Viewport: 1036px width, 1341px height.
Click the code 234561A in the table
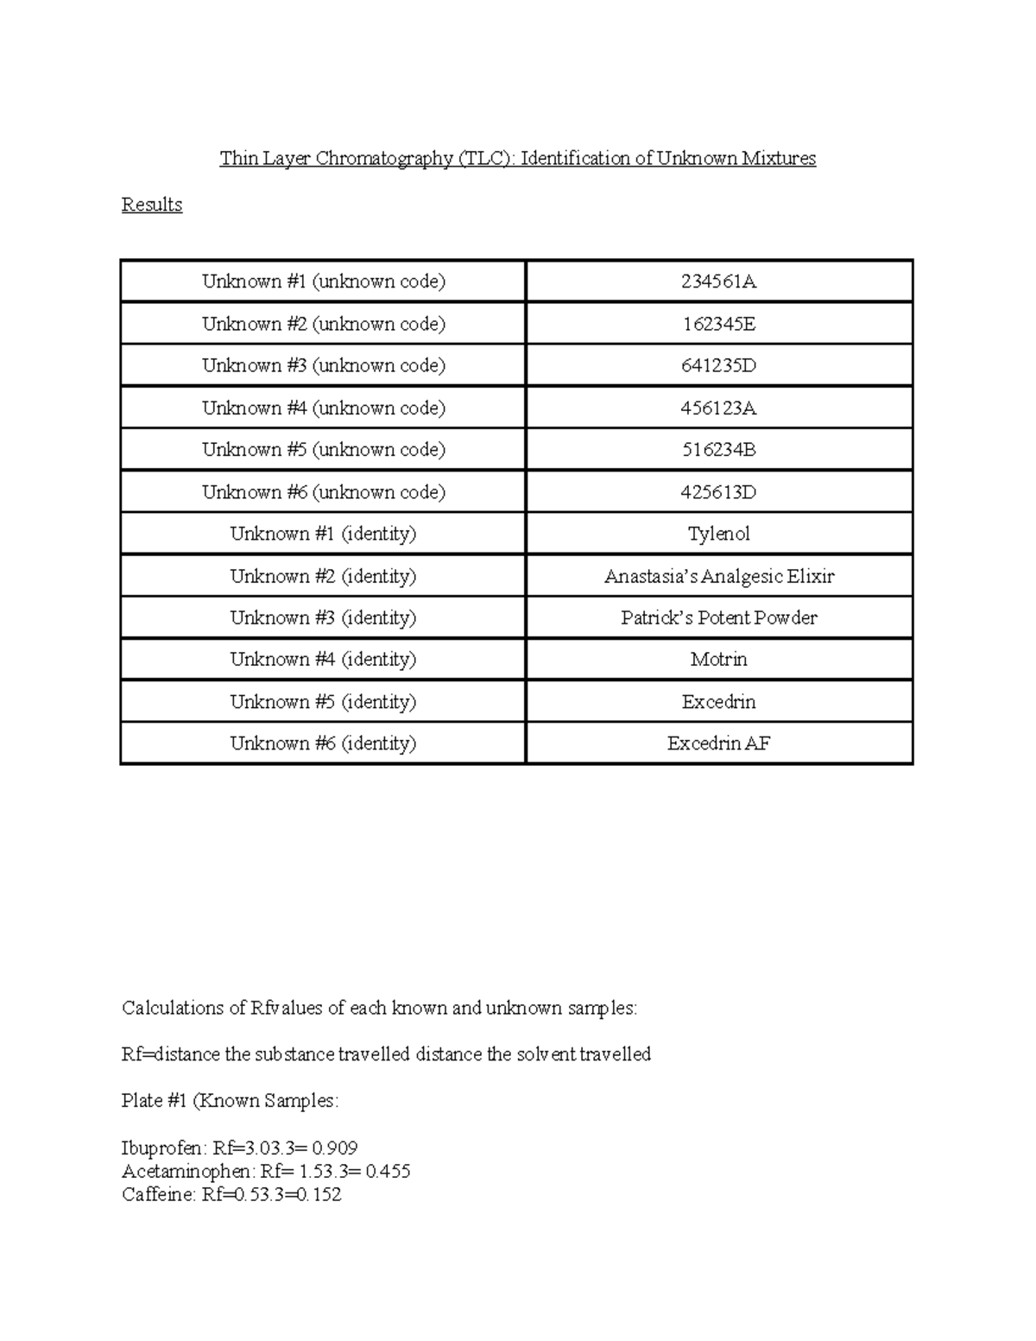(x=718, y=281)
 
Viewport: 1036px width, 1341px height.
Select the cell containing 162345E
(x=718, y=324)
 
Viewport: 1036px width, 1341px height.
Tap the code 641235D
(x=718, y=365)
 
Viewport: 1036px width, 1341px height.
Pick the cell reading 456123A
(x=718, y=408)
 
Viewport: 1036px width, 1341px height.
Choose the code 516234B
(x=718, y=450)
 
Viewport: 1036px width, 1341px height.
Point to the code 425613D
(x=718, y=492)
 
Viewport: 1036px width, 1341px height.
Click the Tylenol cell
(x=718, y=534)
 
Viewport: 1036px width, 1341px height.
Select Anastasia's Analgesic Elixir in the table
(x=718, y=576)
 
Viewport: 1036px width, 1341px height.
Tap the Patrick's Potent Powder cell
(x=718, y=617)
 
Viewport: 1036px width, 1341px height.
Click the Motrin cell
(x=718, y=660)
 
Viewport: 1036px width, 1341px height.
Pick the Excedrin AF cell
(x=718, y=743)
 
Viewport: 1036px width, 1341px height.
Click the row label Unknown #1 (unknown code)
(x=324, y=281)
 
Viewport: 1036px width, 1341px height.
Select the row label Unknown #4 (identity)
(x=324, y=660)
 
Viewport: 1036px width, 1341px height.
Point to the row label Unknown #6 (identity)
(x=324, y=743)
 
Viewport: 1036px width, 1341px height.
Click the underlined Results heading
(x=152, y=205)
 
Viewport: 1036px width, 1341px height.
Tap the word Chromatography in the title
(x=384, y=158)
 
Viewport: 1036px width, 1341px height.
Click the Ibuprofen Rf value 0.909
(x=335, y=1148)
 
